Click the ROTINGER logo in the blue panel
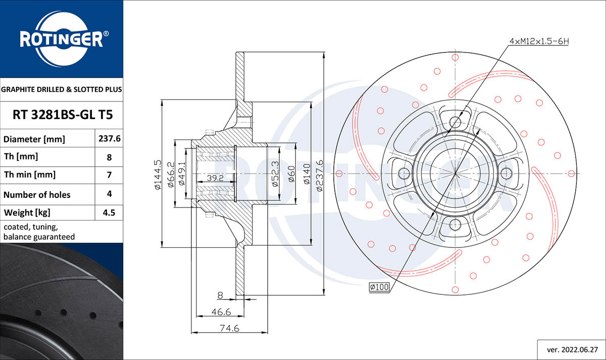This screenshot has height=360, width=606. coord(61,39)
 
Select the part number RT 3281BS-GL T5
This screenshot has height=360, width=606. coord(62,115)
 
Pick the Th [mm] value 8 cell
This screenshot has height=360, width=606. coord(109,157)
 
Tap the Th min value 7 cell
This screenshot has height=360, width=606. coord(109,175)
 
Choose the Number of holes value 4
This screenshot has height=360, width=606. coord(109,194)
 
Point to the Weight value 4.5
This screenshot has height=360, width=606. coord(109,213)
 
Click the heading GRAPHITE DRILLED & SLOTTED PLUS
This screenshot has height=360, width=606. coord(62,90)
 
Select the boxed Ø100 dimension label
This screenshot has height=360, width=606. coord(379,287)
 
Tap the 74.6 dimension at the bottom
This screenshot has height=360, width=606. coord(229,328)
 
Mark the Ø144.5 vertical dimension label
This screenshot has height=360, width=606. coord(157,174)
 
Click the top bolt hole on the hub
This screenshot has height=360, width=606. coord(456,122)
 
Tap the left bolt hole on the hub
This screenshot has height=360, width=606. coord(404,173)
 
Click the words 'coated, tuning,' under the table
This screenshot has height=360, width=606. coord(30,227)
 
